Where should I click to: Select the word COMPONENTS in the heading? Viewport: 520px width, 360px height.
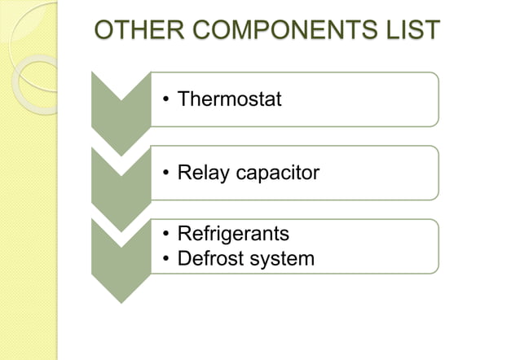click(279, 31)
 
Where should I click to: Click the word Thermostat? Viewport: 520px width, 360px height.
click(230, 99)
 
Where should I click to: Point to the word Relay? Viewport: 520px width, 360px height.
click(200, 173)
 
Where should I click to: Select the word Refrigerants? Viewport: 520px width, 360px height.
click(233, 235)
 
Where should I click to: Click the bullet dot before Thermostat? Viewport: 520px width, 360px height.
click(165, 101)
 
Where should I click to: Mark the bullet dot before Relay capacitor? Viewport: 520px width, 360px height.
click(165, 173)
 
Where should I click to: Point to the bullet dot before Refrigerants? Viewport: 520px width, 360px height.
click(165, 235)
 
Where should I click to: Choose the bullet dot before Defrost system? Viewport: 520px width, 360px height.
click(165, 260)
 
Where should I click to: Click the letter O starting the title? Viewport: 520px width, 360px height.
click(105, 31)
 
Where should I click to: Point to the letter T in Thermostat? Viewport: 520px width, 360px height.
click(183, 99)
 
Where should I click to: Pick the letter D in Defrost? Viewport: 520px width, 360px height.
click(184, 259)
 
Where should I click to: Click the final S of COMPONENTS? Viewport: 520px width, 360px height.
click(362, 31)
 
